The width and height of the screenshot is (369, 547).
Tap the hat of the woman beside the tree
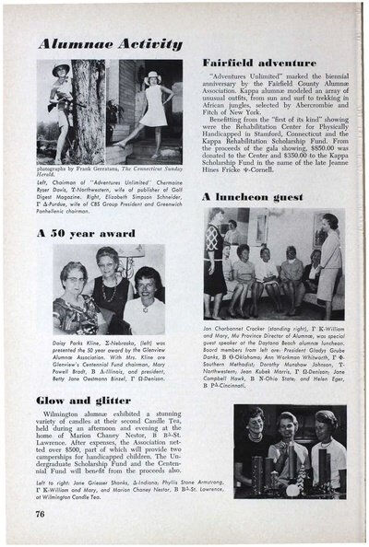[62, 71]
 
